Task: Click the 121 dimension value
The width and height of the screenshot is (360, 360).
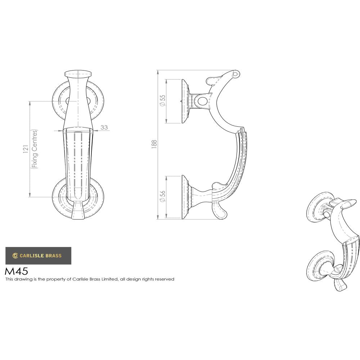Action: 25,149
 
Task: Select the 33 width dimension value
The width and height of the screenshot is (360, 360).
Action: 104,127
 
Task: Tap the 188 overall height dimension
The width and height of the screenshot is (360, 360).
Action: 154,144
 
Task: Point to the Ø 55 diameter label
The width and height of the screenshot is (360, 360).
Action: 162,100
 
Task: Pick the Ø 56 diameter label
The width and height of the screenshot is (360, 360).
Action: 162,197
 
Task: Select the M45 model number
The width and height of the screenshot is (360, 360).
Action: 16,271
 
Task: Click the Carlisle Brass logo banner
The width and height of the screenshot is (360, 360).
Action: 38,256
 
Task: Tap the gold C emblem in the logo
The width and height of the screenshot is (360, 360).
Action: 15,256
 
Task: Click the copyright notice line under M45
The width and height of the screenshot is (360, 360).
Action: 90,279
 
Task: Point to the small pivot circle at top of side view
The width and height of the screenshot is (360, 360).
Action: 235,74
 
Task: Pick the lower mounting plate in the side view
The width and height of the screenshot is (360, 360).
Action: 185,197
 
